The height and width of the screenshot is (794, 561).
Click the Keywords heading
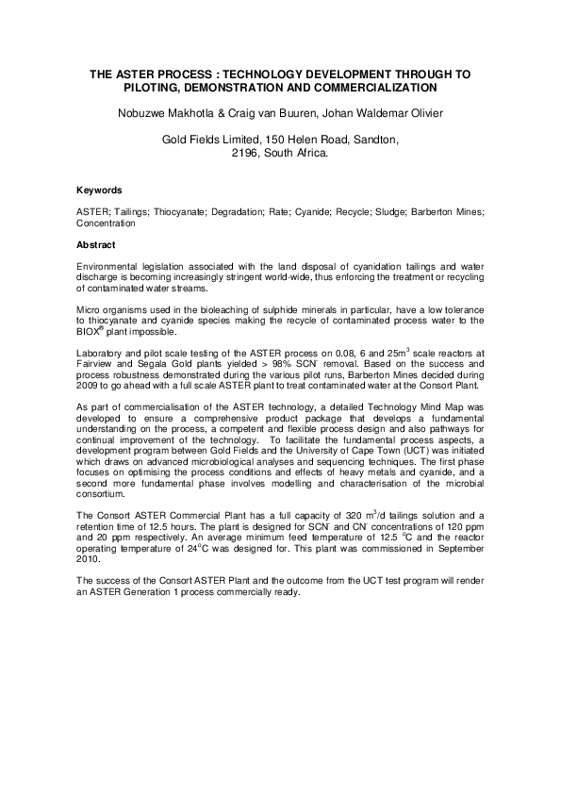coord(99,190)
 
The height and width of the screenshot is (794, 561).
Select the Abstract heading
coord(98,244)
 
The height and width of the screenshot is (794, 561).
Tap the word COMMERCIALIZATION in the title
coord(379,88)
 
